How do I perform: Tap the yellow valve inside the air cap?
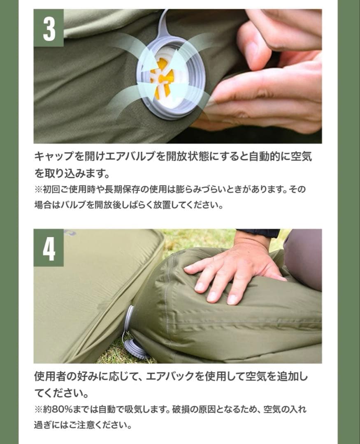click(162, 78)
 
